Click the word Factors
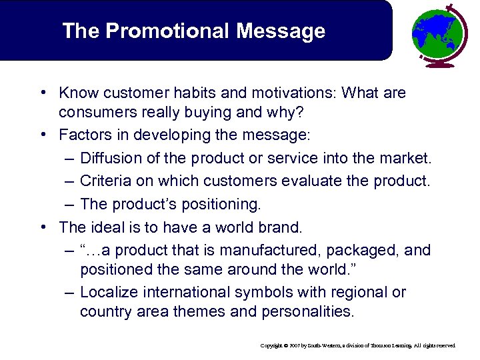click(x=83, y=135)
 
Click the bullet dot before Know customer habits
click(x=41, y=93)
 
